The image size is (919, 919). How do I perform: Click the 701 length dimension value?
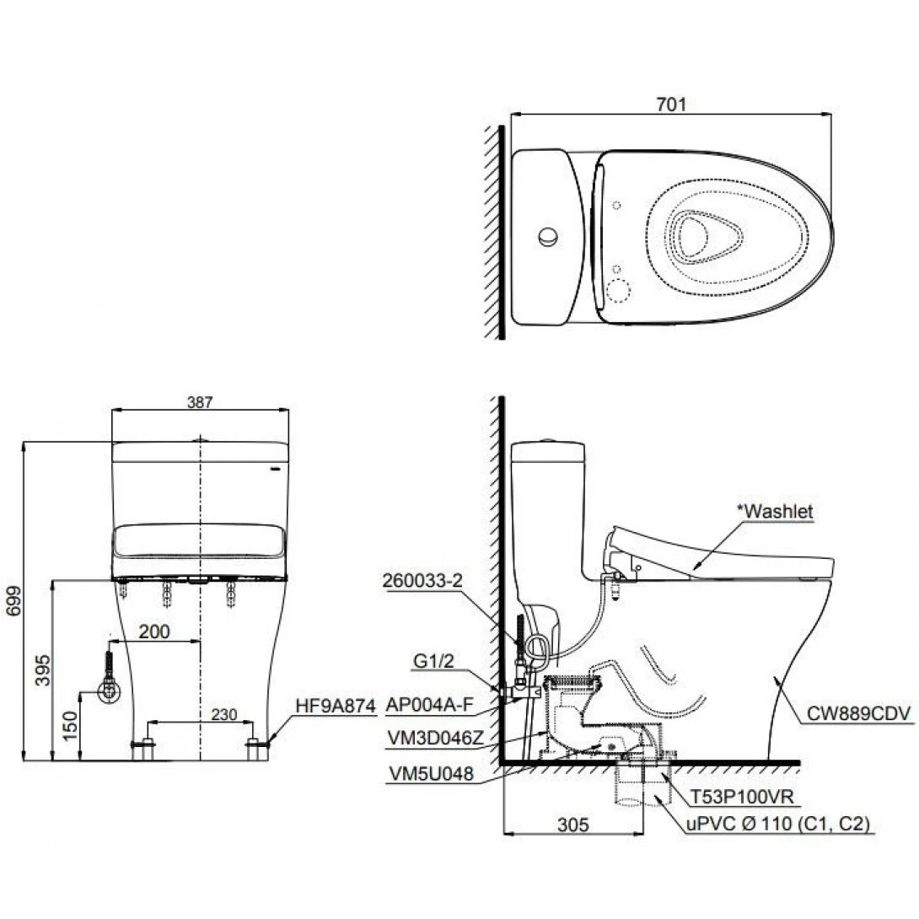coord(672,105)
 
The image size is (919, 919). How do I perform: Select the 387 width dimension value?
coord(201,403)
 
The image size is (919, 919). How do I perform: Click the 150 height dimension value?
coord(70,723)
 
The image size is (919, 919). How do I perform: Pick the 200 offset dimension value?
coord(154,631)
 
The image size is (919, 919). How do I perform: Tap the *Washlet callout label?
coord(777,511)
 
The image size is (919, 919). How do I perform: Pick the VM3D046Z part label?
coord(436,739)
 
